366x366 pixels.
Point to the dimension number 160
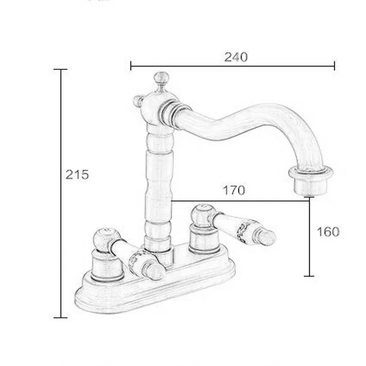coord(328,231)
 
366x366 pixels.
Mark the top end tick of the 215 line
coord(60,70)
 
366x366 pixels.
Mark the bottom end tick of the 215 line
coord(60,317)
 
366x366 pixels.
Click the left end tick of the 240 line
coord(131,66)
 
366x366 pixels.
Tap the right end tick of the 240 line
coord(335,66)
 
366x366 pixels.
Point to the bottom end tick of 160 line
coord(310,276)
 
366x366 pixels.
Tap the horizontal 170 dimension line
coord(238,200)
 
